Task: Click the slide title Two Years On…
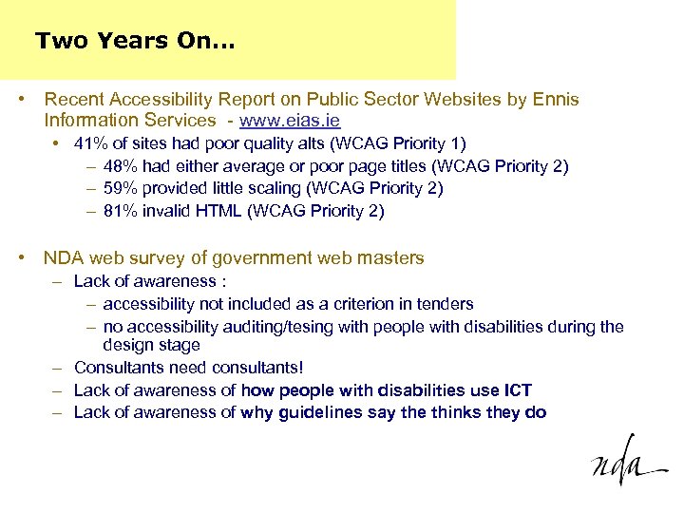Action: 135,42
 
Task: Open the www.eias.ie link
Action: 290,121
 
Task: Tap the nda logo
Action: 627,463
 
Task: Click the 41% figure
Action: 90,143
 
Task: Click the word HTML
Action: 218,211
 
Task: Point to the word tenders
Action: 445,304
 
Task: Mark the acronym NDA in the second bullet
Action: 63,257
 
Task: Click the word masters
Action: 390,257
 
